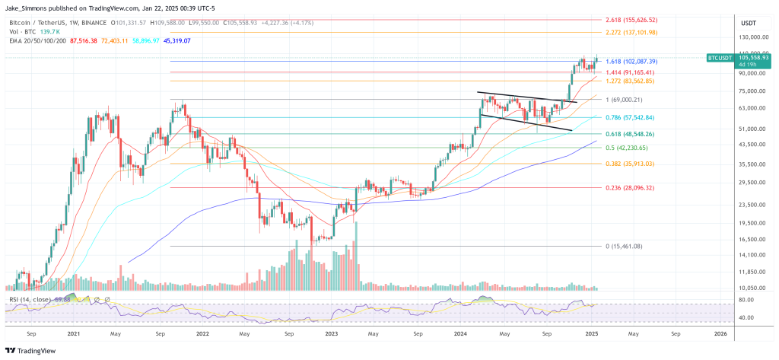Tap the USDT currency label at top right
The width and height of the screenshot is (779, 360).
click(748, 22)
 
